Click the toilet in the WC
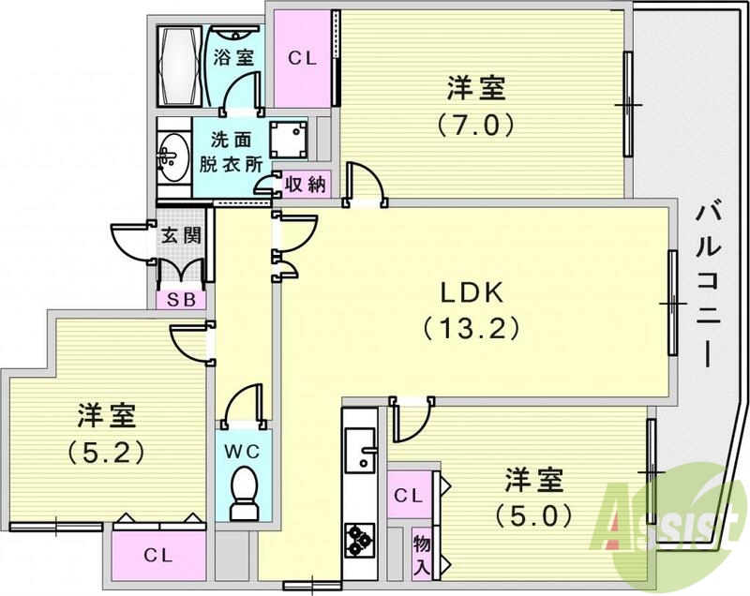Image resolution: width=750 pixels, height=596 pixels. coord(245,489)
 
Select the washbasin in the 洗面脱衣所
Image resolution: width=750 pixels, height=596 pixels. coord(172,155)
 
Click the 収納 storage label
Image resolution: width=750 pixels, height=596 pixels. coord(305,185)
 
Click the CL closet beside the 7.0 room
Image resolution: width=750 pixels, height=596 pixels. coord(302,58)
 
